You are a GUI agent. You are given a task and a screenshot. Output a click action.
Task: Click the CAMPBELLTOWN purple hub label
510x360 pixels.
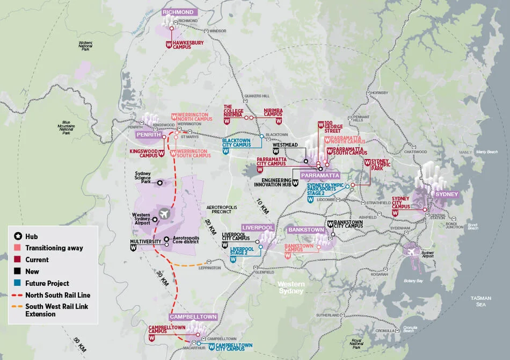tap(194, 317)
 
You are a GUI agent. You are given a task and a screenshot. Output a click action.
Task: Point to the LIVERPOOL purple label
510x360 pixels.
tap(258, 227)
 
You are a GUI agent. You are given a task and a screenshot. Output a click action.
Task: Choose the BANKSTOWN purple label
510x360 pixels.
tap(306, 229)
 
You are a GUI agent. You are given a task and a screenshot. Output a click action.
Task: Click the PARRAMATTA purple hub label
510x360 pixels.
tap(320, 175)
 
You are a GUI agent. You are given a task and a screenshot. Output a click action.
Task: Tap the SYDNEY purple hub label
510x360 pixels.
tap(446, 193)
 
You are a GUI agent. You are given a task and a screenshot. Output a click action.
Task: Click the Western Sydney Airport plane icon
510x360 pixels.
tap(164, 214)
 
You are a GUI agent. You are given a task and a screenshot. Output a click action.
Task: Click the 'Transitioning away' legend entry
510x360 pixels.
tap(54, 248)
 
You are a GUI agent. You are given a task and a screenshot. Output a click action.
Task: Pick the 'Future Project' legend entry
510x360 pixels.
tap(47, 283)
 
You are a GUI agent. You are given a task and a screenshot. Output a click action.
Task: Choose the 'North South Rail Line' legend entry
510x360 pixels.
tap(57, 295)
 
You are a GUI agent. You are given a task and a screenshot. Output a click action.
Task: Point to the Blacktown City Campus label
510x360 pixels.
tap(236, 143)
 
